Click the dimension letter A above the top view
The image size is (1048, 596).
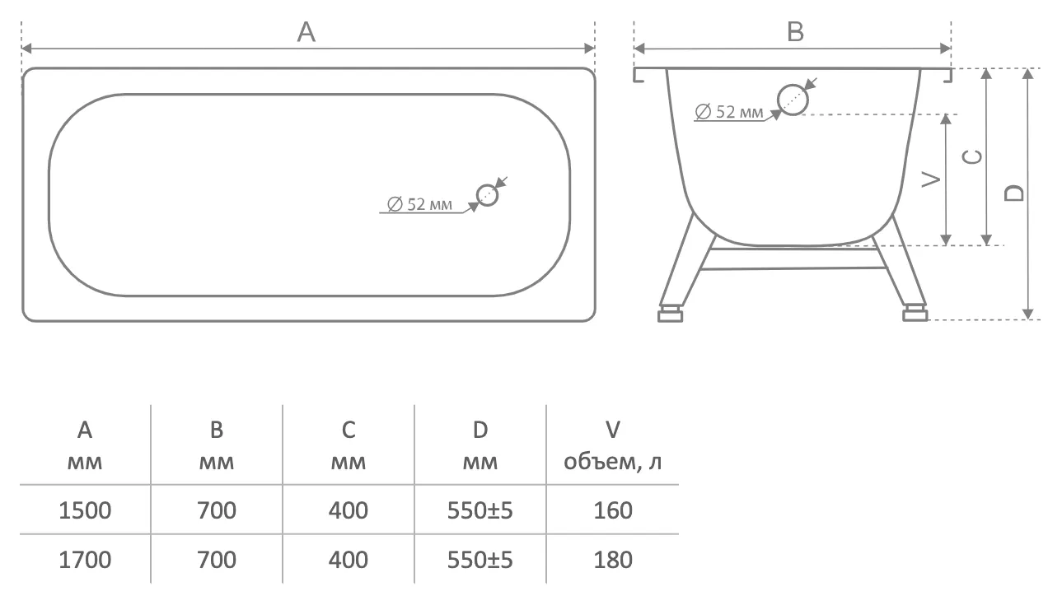tap(306, 32)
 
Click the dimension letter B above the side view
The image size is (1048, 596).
tap(795, 32)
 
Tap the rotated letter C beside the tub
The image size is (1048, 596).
tap(972, 156)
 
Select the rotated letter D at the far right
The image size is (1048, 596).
tap(1014, 193)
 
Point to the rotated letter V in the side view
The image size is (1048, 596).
tap(930, 179)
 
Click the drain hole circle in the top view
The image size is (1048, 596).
tap(487, 195)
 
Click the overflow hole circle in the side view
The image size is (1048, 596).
tap(793, 100)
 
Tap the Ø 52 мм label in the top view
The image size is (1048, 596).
tap(419, 204)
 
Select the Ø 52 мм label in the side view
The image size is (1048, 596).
tap(729, 112)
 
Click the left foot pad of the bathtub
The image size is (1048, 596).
tap(670, 314)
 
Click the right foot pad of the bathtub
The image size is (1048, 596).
tap(915, 314)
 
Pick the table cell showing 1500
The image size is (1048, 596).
tap(85, 510)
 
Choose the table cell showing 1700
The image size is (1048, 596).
tap(85, 560)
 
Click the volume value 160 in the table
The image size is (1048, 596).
tap(613, 510)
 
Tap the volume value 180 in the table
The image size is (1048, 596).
tap(613, 560)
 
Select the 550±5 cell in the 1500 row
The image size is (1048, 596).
tap(480, 510)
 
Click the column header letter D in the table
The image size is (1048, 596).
tap(480, 430)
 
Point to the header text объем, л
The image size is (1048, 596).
tap(613, 461)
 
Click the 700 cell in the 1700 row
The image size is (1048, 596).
tap(217, 560)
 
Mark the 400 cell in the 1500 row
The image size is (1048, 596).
tap(348, 510)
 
